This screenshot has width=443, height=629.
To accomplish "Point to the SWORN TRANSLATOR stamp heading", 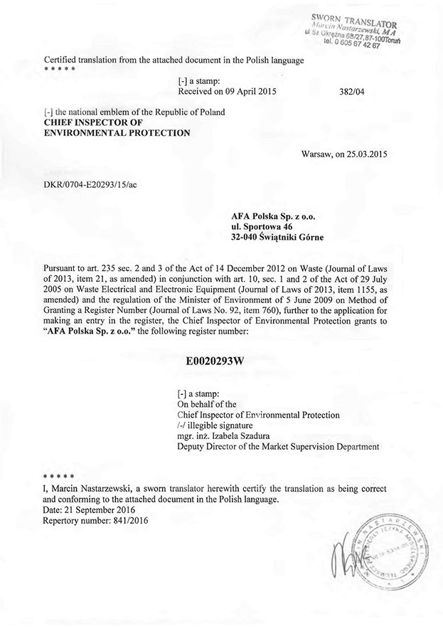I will tap(353, 18).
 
